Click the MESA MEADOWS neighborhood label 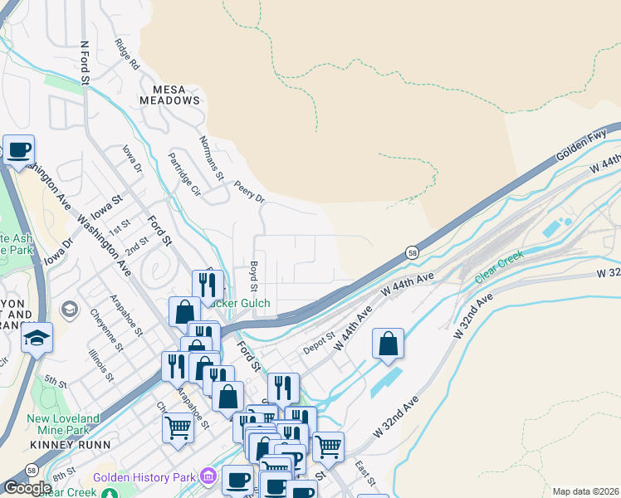[x=176, y=94]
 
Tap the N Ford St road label [x=84, y=63]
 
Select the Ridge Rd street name [x=128, y=54]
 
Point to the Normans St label [x=212, y=158]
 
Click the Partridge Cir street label [x=184, y=173]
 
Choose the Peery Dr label [x=249, y=192]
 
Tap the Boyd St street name [x=254, y=276]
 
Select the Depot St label [x=318, y=343]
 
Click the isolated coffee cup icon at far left [x=18, y=150]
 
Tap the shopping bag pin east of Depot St [x=388, y=344]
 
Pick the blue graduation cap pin [x=37, y=338]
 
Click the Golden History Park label [x=144, y=477]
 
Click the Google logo [x=27, y=488]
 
